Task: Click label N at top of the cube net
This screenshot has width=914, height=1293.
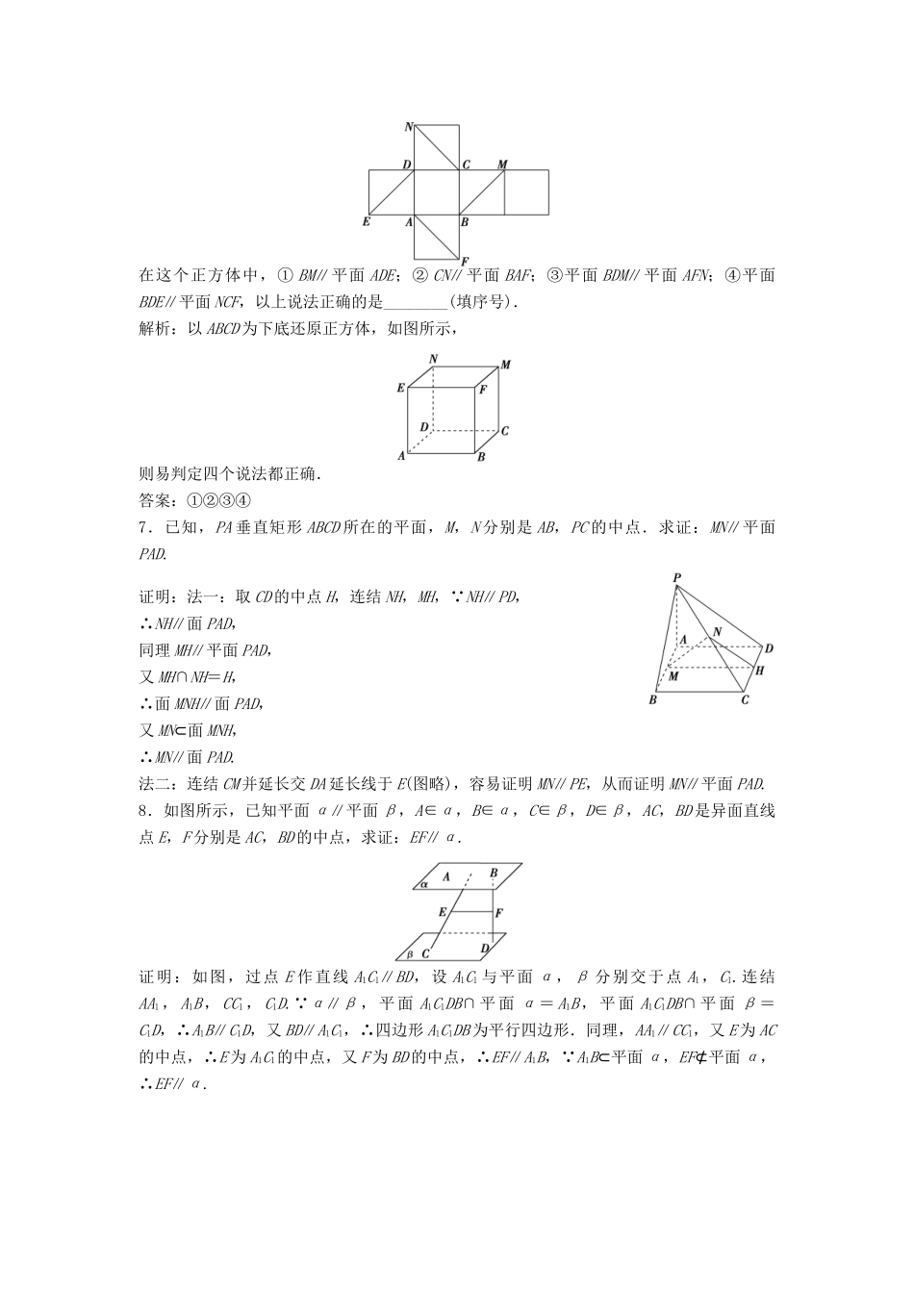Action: [x=409, y=127]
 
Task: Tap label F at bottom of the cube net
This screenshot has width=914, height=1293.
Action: [x=464, y=261]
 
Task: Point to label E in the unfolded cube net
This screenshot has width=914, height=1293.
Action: [x=366, y=221]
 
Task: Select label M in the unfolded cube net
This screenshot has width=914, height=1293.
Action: [x=502, y=165]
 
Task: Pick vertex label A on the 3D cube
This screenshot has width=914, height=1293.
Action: [x=401, y=455]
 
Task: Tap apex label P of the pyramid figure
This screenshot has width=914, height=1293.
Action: [x=677, y=577]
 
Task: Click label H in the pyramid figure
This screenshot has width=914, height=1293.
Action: [x=759, y=670]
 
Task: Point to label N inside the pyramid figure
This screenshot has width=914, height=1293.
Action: [x=716, y=632]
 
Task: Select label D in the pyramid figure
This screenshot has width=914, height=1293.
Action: [x=769, y=647]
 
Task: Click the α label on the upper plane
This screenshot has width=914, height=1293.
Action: [x=423, y=882]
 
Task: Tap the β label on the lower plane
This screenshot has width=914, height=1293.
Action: [x=410, y=953]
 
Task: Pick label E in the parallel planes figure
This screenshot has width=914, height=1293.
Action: [x=442, y=910]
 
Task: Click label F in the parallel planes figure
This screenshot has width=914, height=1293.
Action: [x=498, y=912]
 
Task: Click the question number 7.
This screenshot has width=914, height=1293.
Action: [x=143, y=526]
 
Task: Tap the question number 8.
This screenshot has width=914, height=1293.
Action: [x=143, y=811]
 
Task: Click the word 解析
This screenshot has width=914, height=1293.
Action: [x=154, y=330]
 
